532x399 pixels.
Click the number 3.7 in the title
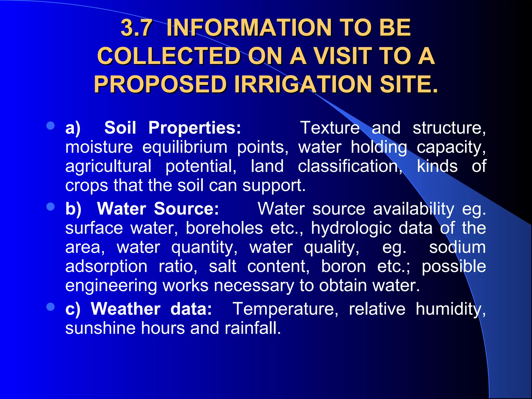click(x=136, y=28)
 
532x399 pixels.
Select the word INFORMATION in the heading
click(x=249, y=28)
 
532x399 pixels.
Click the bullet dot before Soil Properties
click(x=50, y=126)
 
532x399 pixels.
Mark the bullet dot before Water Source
click(x=50, y=207)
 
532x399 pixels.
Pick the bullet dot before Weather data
click(x=50, y=307)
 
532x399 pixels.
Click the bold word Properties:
click(x=195, y=128)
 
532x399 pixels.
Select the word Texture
click(x=330, y=128)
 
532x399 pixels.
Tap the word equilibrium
click(x=185, y=147)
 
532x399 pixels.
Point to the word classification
click(x=350, y=166)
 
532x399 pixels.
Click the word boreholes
click(x=224, y=228)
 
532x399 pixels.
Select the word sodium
click(x=457, y=247)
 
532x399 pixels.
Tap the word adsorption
click(x=106, y=267)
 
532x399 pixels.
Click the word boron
click(x=343, y=267)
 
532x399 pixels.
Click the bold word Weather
click(x=125, y=309)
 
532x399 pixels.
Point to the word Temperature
click(x=285, y=309)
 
